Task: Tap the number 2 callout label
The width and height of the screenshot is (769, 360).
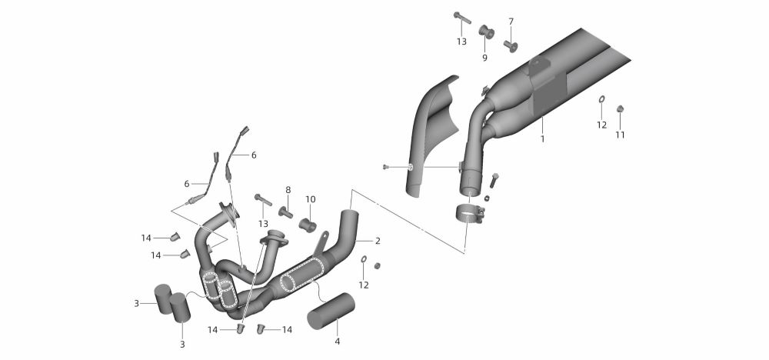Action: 378,241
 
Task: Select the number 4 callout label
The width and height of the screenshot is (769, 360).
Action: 336,340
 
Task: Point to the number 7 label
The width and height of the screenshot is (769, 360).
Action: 511,21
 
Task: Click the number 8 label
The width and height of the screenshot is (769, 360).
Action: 288,189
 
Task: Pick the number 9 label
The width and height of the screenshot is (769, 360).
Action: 484,57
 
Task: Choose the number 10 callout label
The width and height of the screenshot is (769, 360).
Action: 311,199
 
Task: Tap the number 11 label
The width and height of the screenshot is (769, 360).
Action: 619,135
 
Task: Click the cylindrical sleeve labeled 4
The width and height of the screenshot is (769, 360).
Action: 329,312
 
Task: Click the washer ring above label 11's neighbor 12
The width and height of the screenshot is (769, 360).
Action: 601,99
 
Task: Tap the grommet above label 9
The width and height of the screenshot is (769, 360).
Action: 485,33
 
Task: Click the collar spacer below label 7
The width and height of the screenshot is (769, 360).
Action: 510,44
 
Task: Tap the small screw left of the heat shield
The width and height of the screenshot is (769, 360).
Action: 386,167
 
